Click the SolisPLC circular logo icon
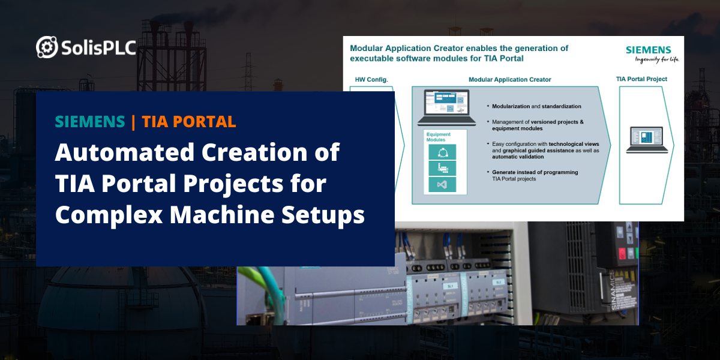47,47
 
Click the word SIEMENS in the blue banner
89,122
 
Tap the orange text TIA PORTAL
189,122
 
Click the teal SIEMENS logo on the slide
649,50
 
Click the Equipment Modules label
439,137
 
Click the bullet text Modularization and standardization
536,106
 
